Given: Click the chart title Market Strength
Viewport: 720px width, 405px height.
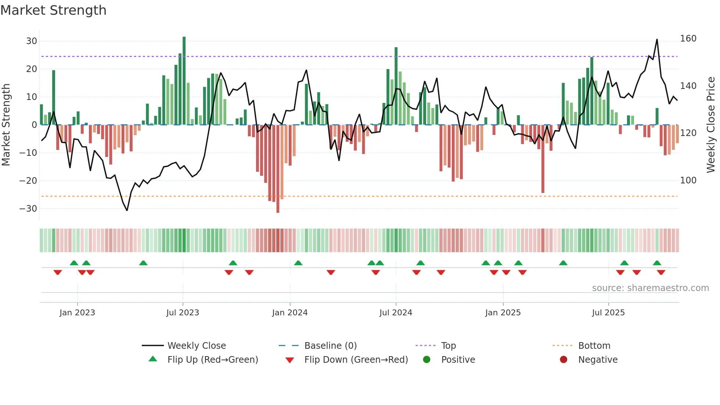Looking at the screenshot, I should coord(53,10).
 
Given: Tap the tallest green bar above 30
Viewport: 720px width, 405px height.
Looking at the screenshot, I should coord(184,81).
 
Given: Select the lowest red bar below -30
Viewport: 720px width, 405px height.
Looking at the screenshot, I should coord(278,169).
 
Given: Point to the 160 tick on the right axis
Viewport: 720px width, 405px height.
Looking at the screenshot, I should coord(688,39).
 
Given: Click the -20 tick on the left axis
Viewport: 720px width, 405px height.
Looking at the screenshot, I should coord(28,180).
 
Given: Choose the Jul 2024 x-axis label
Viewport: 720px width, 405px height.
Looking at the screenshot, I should coord(396,313).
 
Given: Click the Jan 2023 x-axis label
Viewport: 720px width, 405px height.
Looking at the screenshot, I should coord(77,313).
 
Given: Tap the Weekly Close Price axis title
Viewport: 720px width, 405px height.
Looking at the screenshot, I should coord(711,125).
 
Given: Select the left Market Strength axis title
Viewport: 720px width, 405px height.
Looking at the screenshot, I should coord(6,125).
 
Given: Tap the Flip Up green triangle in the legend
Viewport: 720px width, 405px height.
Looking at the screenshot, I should coord(153,359).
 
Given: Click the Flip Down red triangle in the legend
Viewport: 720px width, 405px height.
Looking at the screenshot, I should coord(289,360).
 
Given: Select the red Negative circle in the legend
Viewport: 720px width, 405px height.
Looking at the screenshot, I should coord(564,359).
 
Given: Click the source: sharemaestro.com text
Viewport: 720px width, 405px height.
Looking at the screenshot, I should coord(650,288).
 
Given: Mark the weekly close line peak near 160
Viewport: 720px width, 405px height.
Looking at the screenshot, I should coord(657,40).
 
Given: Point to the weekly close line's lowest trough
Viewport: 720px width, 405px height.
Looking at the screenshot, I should coord(127,210).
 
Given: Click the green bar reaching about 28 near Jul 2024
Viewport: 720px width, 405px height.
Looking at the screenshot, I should coord(396,86).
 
